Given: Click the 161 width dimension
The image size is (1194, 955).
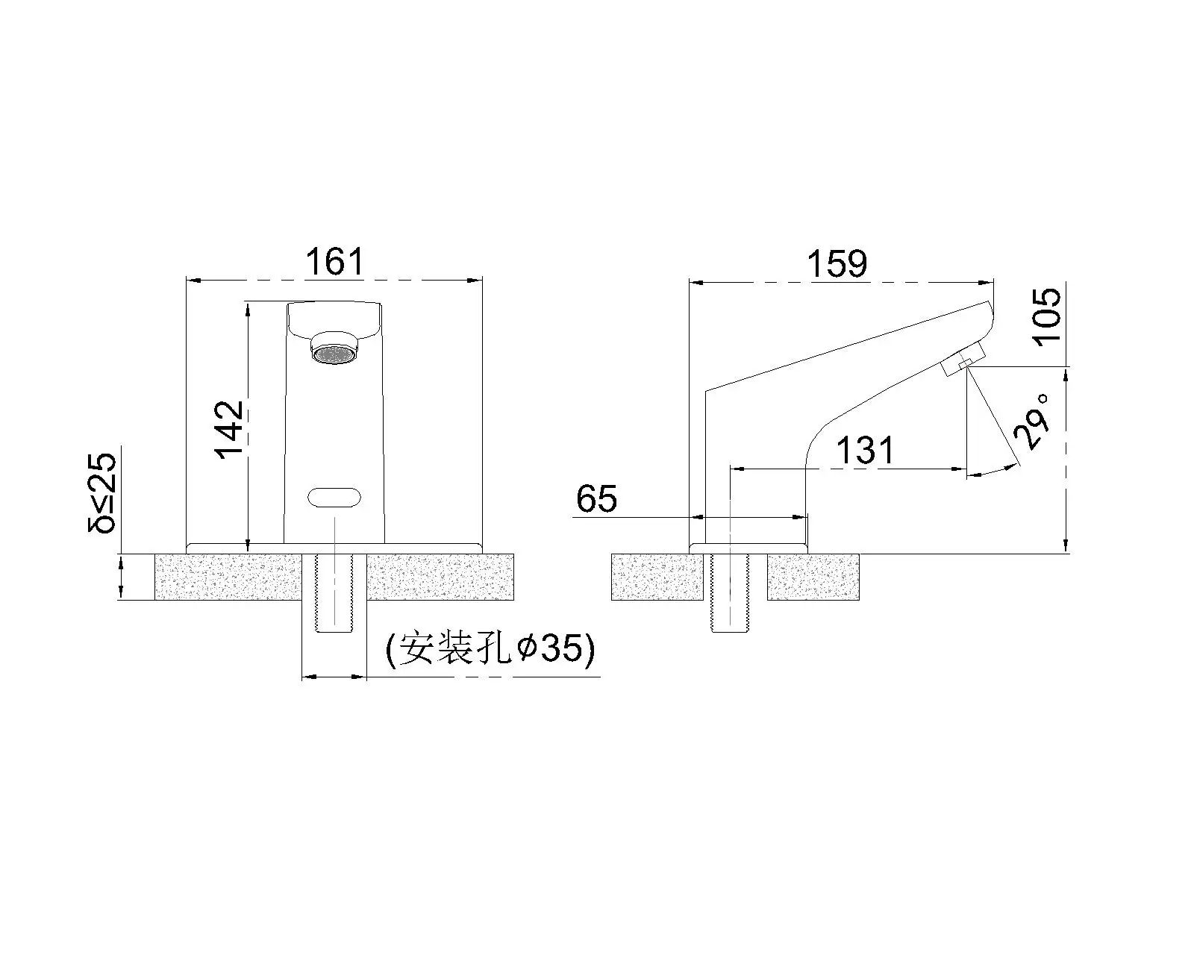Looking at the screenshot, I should click(334, 263).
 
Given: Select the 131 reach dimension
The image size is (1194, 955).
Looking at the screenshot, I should click(864, 451).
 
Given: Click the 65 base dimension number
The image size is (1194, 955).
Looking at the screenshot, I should click(597, 499).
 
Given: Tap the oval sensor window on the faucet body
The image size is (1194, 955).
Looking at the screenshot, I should click(334, 498).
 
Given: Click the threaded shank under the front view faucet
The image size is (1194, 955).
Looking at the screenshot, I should click(334, 593).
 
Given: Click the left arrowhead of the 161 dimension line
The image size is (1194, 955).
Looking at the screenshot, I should click(191, 281).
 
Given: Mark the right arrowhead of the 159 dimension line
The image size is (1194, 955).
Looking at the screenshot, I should click(988, 283).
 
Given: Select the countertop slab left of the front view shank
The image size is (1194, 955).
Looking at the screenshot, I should click(228, 577).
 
